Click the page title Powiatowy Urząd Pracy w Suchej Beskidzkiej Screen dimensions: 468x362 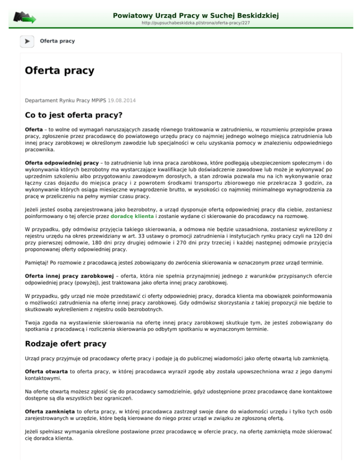(196, 16)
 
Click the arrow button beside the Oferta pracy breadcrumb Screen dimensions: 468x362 (27, 41)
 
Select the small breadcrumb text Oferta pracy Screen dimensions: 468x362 (58, 41)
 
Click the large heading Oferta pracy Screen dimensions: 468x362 (59, 71)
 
